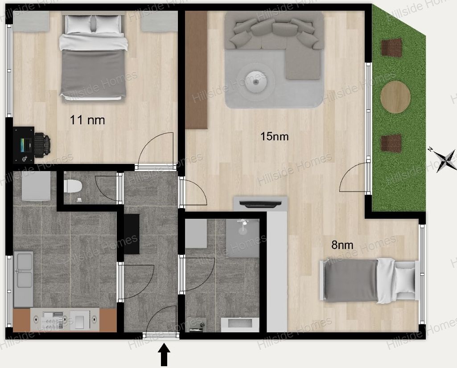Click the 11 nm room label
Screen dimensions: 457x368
point(87,120)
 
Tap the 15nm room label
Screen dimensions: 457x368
point(274,136)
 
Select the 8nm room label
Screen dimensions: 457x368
point(342,245)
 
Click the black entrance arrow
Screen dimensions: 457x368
point(164,354)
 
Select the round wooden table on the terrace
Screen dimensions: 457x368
point(395,97)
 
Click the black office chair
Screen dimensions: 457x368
point(42,144)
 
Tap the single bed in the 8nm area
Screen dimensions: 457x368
point(369,280)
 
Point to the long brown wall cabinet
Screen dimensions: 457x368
point(196,70)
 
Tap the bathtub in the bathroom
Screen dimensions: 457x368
point(239,325)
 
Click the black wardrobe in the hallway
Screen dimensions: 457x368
point(132,234)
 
